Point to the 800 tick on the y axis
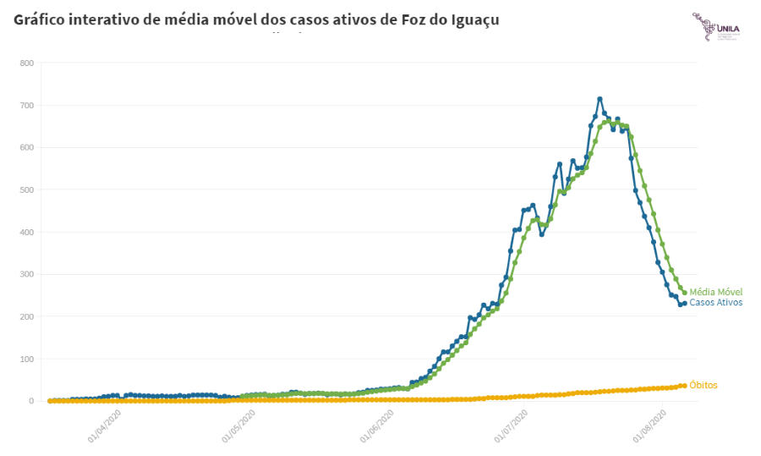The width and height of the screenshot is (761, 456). click(x=26, y=63)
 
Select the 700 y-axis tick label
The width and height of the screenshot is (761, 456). click(x=26, y=106)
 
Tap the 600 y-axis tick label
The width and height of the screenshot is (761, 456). click(x=26, y=148)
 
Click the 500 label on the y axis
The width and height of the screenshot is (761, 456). click(x=26, y=190)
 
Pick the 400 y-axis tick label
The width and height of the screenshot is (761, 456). click(x=26, y=233)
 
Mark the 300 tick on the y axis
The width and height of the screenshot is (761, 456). click(x=26, y=275)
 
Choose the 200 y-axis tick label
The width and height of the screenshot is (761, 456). click(x=26, y=317)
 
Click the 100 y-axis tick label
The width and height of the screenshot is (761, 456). click(x=26, y=360)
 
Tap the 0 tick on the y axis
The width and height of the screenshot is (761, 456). click(x=30, y=401)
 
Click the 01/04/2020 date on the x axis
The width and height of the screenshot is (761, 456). click(x=105, y=426)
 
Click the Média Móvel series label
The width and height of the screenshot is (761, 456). click(x=715, y=292)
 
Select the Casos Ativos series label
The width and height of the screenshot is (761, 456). click(x=715, y=303)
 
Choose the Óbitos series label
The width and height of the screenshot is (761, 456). click(x=704, y=386)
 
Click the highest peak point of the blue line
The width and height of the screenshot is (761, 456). click(x=599, y=99)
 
